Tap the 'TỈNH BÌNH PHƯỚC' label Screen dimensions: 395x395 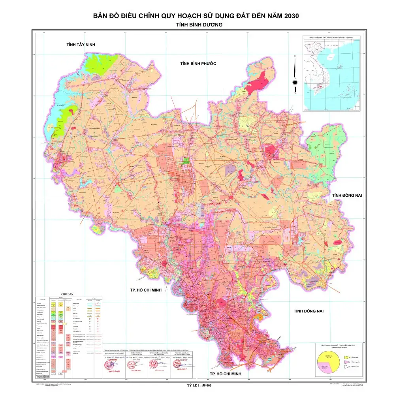point(198,64)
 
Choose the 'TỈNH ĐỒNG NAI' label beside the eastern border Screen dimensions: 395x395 point(347,195)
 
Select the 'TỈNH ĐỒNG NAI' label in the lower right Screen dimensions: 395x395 point(308,311)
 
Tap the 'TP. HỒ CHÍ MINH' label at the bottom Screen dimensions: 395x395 point(225,373)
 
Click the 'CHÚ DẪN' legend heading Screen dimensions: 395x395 point(64,294)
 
